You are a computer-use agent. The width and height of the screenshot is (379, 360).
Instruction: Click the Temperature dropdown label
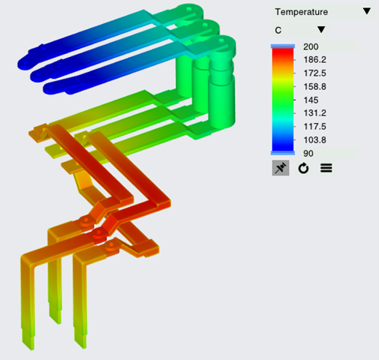click(301, 12)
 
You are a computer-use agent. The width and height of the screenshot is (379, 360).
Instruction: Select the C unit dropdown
click(300, 30)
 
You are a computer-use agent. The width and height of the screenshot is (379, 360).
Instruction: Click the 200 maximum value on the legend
click(311, 46)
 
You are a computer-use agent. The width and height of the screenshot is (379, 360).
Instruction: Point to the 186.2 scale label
click(314, 60)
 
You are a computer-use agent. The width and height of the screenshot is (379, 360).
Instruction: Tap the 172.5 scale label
click(314, 73)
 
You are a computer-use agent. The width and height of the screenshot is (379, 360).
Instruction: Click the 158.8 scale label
click(314, 87)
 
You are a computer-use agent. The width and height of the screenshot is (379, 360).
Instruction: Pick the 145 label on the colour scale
click(311, 100)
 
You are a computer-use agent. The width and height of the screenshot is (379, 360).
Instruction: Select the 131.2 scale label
click(314, 113)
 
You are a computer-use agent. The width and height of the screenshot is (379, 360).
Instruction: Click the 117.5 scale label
click(314, 127)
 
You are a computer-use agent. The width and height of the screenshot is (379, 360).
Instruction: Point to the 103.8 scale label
click(314, 140)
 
